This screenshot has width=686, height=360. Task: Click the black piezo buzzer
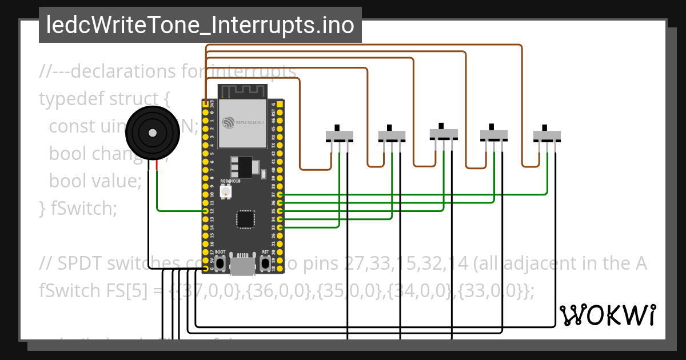pos(151,133)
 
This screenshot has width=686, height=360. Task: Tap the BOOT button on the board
pos(220,263)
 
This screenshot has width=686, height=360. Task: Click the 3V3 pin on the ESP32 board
pos(205,104)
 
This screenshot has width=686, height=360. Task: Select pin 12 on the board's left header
pos(205,211)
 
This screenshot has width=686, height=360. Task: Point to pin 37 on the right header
pos(280,195)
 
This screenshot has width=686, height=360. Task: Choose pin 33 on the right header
pos(280,227)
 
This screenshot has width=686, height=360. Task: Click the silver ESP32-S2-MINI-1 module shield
pos(242,122)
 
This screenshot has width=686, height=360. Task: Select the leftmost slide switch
pos(340,135)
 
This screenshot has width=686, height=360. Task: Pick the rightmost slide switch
pos(547,135)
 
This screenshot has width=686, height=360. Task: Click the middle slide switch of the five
pos(444,133)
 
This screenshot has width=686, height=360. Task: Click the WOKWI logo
pos(607,315)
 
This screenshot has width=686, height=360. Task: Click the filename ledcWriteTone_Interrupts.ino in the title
pos(200,25)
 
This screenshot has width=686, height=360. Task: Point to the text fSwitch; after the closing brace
pos(83,209)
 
